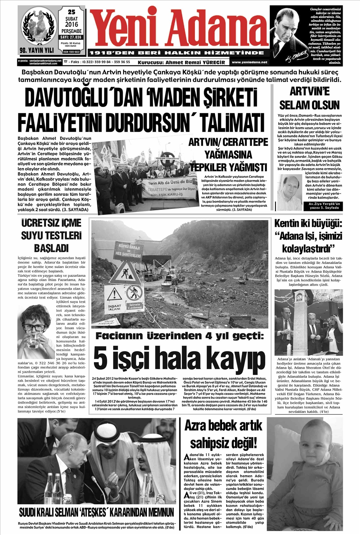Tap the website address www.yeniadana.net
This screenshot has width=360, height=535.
tap(249, 62)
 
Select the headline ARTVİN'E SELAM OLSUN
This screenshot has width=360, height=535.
tap(310, 98)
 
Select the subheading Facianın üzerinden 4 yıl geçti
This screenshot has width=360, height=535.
tap(179, 336)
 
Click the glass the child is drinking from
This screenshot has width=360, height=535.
tap(34, 342)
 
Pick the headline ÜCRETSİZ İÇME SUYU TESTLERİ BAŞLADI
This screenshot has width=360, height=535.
tap(51, 236)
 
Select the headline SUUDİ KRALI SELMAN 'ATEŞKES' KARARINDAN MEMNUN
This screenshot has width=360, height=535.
tap(96, 512)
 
